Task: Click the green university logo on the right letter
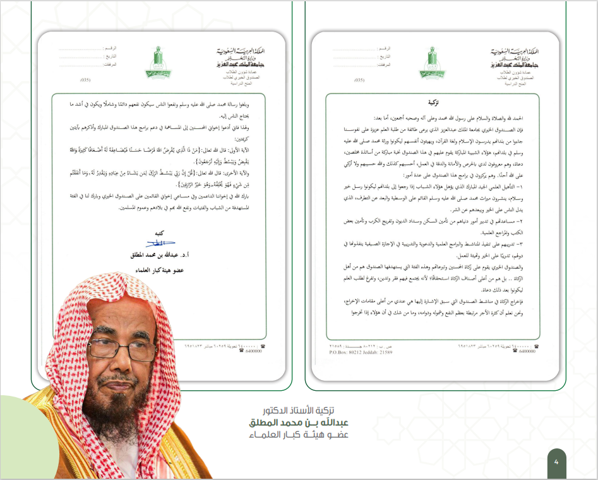click(431, 61)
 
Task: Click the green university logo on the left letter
click(155, 63)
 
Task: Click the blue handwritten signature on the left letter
click(161, 243)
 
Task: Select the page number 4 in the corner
click(556, 462)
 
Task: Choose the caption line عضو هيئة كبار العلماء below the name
click(308, 434)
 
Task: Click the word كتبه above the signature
click(162, 233)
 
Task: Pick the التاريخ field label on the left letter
click(118, 56)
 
